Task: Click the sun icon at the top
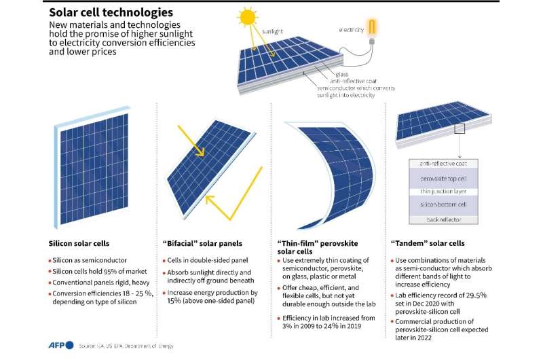click(x=248, y=18)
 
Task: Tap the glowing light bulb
click(x=372, y=31)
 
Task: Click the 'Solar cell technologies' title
click(x=111, y=12)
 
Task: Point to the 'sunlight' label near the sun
click(x=273, y=31)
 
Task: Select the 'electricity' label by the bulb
click(x=351, y=30)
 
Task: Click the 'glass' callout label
click(x=342, y=74)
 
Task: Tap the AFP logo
click(x=60, y=345)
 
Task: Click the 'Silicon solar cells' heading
click(x=79, y=244)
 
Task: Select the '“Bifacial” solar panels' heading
click(x=202, y=244)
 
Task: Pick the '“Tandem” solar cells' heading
click(x=428, y=243)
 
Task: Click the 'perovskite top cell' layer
click(x=443, y=179)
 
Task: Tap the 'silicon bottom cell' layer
click(x=443, y=204)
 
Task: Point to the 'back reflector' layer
click(x=444, y=219)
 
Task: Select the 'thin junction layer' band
click(x=443, y=192)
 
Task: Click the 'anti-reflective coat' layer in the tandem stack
click(x=443, y=164)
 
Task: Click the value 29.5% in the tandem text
click(x=476, y=295)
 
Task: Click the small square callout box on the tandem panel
click(x=460, y=128)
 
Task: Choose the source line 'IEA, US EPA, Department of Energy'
click(x=132, y=346)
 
